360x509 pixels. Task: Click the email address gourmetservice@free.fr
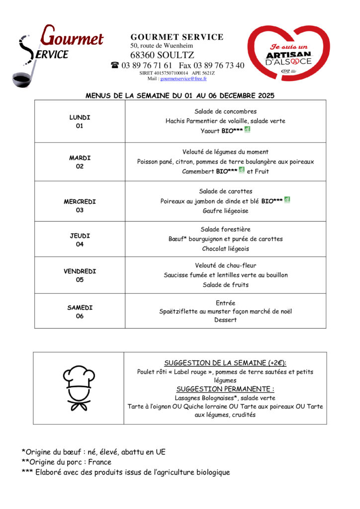point(183,79)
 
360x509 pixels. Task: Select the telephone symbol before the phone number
point(115,65)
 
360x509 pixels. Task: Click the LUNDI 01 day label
point(80,122)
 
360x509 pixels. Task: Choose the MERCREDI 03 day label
point(80,206)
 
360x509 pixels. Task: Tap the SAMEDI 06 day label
point(80,312)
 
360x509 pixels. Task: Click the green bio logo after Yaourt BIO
point(247,130)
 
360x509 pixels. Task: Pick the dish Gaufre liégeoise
point(225,211)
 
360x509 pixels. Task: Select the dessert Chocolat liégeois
point(225,249)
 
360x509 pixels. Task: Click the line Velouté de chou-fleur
point(225,265)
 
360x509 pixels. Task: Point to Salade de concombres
point(225,111)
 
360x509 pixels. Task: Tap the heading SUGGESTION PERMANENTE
point(225,389)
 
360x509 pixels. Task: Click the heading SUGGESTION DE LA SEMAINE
point(225,363)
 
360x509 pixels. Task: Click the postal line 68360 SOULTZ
point(162,55)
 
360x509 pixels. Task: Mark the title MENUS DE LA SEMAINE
point(180,95)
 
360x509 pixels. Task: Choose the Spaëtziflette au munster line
point(225,311)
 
